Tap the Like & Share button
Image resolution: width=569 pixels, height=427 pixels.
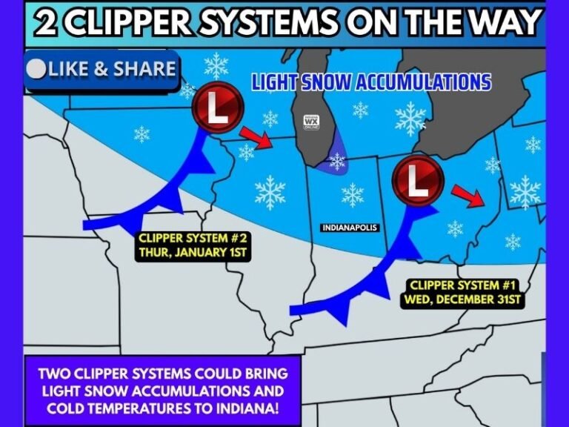pos(101,70)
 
